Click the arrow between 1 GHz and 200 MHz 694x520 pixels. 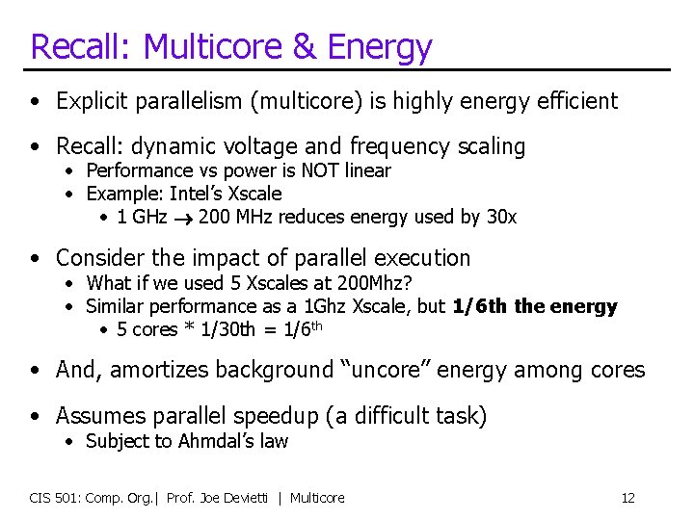[183, 218]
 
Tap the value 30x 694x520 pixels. [501, 217]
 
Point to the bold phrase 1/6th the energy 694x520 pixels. [535, 307]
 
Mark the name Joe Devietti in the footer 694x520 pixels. [232, 498]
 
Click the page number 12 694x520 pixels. [627, 498]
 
